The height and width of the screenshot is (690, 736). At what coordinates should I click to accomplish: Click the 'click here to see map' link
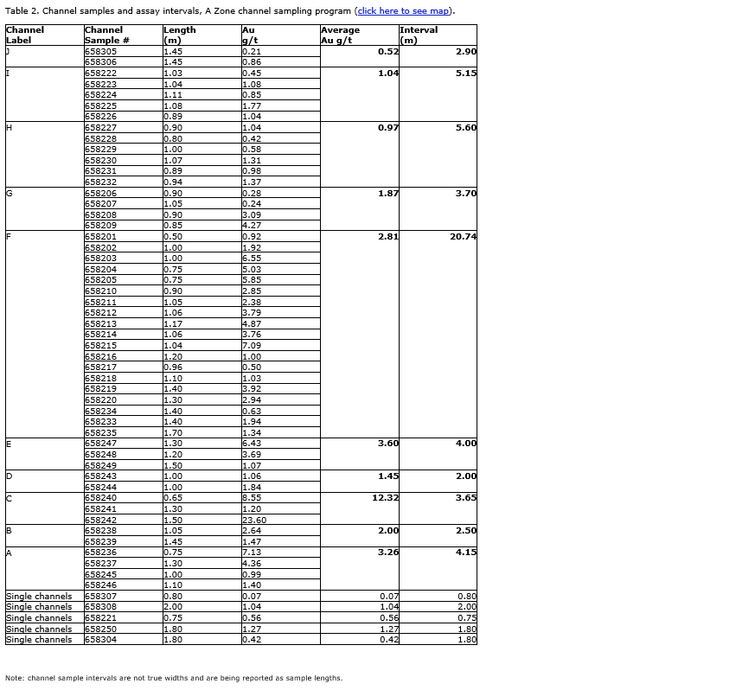[x=404, y=11]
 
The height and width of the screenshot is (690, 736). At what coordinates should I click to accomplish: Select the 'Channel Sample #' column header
[x=107, y=35]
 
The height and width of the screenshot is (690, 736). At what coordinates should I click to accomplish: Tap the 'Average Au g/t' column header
[x=340, y=35]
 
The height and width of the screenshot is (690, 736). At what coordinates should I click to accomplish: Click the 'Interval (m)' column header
[x=419, y=35]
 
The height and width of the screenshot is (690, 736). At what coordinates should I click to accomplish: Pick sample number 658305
[x=101, y=52]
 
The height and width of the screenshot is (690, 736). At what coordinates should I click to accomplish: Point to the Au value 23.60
[x=254, y=521]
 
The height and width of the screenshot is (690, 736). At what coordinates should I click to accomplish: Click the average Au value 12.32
[x=385, y=498]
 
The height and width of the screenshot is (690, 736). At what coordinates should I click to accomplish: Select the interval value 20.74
[x=463, y=237]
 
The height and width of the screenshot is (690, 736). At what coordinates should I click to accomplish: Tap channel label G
[x=10, y=194]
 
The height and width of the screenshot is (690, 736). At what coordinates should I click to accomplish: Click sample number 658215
[x=101, y=346]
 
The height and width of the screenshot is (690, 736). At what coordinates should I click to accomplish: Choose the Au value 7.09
[x=252, y=346]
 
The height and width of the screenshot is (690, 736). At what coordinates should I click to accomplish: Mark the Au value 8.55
[x=252, y=498]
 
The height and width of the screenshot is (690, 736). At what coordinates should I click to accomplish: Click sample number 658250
[x=101, y=629]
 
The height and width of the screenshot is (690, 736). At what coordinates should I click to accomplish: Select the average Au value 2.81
[x=388, y=237]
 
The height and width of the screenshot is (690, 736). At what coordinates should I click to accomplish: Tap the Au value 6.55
[x=252, y=259]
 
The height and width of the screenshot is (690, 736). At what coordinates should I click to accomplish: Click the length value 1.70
[x=173, y=433]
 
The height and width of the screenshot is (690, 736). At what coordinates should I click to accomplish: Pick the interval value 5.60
[x=466, y=128]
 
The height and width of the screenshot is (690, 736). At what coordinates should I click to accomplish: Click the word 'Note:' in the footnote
[x=15, y=678]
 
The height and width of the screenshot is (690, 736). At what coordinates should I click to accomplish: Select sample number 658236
[x=101, y=553]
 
